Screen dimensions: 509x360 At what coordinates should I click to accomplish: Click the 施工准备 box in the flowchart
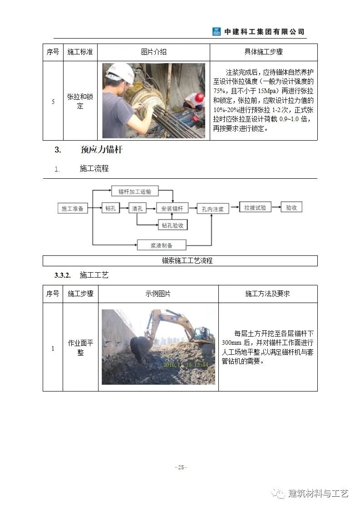click(73, 209)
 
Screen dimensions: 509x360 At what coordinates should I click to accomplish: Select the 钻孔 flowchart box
click(111, 208)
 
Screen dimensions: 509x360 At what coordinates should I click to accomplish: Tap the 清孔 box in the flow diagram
click(137, 208)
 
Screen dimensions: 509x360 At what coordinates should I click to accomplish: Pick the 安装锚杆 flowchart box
click(172, 209)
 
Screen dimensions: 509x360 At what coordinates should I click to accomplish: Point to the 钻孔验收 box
click(173, 225)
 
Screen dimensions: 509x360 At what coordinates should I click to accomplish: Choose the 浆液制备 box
click(162, 245)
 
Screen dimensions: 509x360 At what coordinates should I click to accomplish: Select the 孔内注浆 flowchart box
click(213, 209)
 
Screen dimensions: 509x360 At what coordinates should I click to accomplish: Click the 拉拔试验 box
click(255, 207)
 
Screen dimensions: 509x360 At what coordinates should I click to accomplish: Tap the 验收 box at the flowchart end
click(291, 207)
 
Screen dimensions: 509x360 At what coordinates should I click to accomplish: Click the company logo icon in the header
click(217, 32)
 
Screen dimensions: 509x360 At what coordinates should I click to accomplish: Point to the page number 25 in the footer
click(181, 468)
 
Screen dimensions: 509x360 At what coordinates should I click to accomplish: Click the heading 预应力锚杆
click(102, 150)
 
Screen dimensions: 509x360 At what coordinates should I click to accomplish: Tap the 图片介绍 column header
click(153, 52)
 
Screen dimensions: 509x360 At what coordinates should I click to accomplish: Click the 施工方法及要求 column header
click(267, 294)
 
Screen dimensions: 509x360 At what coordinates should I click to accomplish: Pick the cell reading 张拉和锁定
click(80, 102)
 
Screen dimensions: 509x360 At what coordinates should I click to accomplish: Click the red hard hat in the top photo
click(199, 98)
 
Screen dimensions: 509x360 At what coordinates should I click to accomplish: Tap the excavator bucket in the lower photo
click(141, 347)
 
